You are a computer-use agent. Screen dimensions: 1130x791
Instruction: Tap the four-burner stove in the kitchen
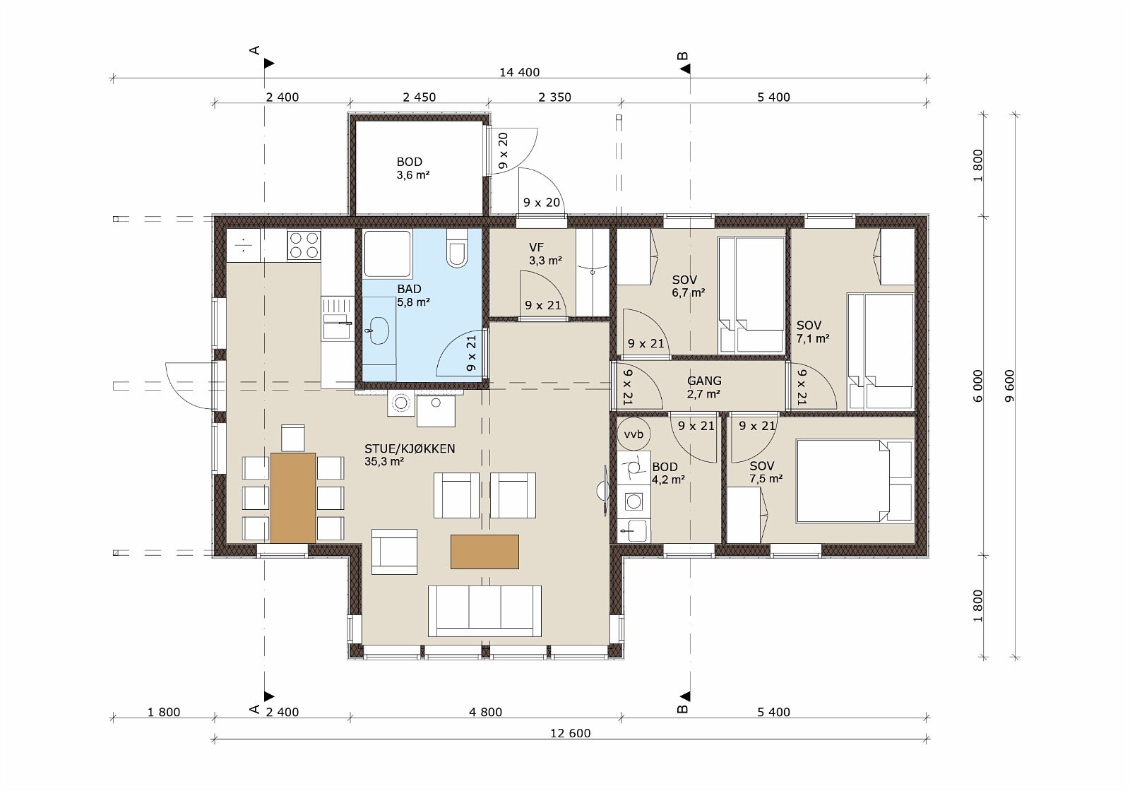(x=304, y=245)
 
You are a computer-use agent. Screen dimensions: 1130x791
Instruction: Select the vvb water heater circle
(x=634, y=434)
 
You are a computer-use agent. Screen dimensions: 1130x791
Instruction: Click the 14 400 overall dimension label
(x=520, y=72)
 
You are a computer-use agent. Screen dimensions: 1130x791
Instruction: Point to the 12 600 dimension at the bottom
(x=570, y=733)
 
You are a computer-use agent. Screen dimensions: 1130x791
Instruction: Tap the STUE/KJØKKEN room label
(x=410, y=448)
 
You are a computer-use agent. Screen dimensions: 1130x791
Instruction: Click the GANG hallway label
(x=704, y=381)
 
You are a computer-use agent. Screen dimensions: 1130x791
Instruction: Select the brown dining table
(x=293, y=497)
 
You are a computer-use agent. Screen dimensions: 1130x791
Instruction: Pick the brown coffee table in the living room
(x=484, y=552)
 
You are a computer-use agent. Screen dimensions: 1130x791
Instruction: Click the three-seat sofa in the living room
(x=484, y=611)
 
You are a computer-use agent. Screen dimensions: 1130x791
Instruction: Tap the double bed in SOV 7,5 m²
(x=855, y=481)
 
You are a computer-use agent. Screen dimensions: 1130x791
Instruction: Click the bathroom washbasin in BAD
(x=377, y=331)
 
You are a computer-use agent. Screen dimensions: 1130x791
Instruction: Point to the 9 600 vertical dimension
(x=1009, y=386)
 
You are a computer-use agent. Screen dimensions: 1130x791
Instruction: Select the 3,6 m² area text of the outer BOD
(x=412, y=175)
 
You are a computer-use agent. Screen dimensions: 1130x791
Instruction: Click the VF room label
(x=536, y=247)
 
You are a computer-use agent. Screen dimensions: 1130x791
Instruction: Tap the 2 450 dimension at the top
(x=420, y=97)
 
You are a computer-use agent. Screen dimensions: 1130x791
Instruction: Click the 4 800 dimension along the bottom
(x=485, y=712)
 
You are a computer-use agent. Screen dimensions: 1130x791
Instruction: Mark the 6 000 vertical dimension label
(x=978, y=386)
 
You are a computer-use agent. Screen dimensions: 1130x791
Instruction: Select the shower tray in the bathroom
(x=388, y=254)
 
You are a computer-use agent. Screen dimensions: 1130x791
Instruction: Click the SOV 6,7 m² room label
(x=688, y=286)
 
